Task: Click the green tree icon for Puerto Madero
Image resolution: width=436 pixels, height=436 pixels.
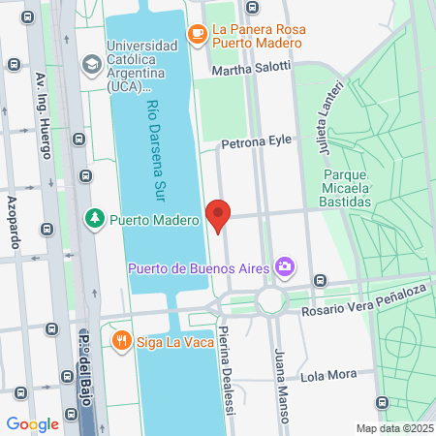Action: (x=95, y=219)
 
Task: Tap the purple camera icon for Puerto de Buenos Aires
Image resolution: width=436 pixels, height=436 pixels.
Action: (x=284, y=265)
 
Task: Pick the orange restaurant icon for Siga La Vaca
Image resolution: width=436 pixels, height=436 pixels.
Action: (x=121, y=340)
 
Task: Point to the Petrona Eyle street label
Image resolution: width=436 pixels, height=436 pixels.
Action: (x=256, y=141)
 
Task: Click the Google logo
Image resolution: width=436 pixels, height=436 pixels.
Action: (x=32, y=423)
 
